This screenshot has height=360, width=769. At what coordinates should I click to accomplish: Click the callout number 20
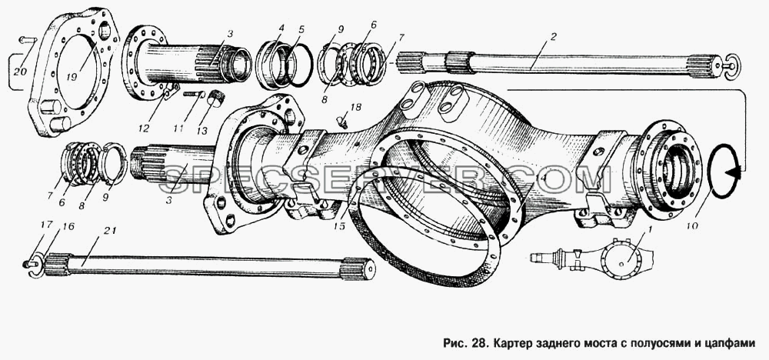click(20, 72)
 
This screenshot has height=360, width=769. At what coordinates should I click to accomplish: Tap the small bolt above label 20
click(28, 40)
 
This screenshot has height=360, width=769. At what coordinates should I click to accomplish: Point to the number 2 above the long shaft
click(553, 37)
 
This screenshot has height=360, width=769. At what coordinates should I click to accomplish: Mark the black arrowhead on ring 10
click(734, 172)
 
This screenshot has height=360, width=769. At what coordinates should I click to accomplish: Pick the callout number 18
click(355, 105)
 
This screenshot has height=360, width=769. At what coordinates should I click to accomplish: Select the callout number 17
click(46, 225)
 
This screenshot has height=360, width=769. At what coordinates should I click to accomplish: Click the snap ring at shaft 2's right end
click(733, 65)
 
